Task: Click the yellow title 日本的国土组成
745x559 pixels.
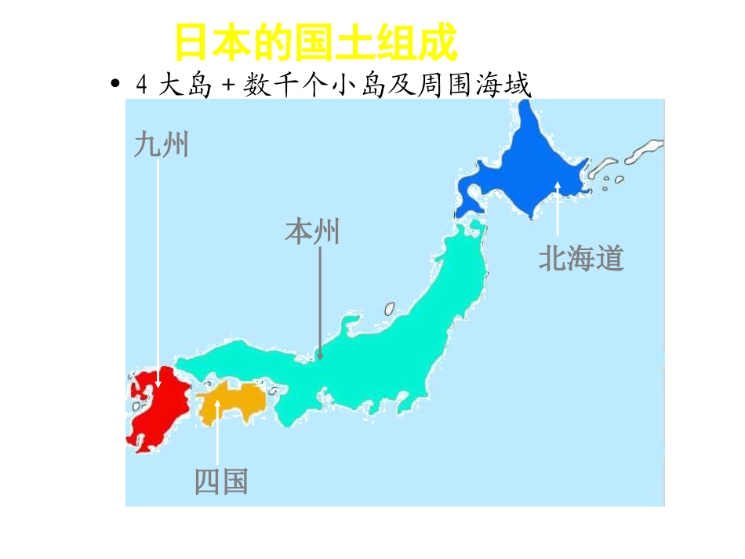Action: pyautogui.click(x=314, y=43)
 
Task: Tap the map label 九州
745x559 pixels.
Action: pyautogui.click(x=161, y=145)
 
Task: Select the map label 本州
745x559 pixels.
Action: pyautogui.click(x=312, y=232)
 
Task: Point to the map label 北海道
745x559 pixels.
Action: pyautogui.click(x=580, y=258)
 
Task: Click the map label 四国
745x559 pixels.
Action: pyautogui.click(x=221, y=482)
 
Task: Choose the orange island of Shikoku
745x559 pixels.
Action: pyautogui.click(x=231, y=400)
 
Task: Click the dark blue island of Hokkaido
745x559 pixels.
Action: pyautogui.click(x=533, y=172)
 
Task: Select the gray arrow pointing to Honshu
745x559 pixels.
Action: pyautogui.click(x=319, y=306)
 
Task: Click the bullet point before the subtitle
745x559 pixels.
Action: pyautogui.click(x=116, y=85)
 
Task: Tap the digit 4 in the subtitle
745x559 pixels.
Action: pyautogui.click(x=141, y=85)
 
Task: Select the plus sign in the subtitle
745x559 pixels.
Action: pyautogui.click(x=230, y=85)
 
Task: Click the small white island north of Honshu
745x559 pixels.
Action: pyautogui.click(x=388, y=309)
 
